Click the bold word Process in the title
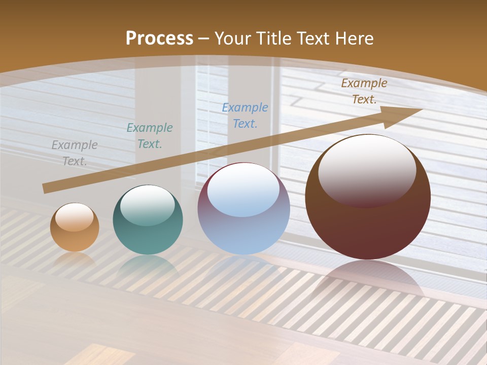coord(159,39)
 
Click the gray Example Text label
coord(75,153)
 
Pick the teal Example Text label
coord(150,135)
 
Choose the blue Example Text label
coord(245,115)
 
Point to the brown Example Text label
coord(364,91)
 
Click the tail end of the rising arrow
coord(47,188)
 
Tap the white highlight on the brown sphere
coord(367,165)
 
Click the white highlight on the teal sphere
coord(148,203)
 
